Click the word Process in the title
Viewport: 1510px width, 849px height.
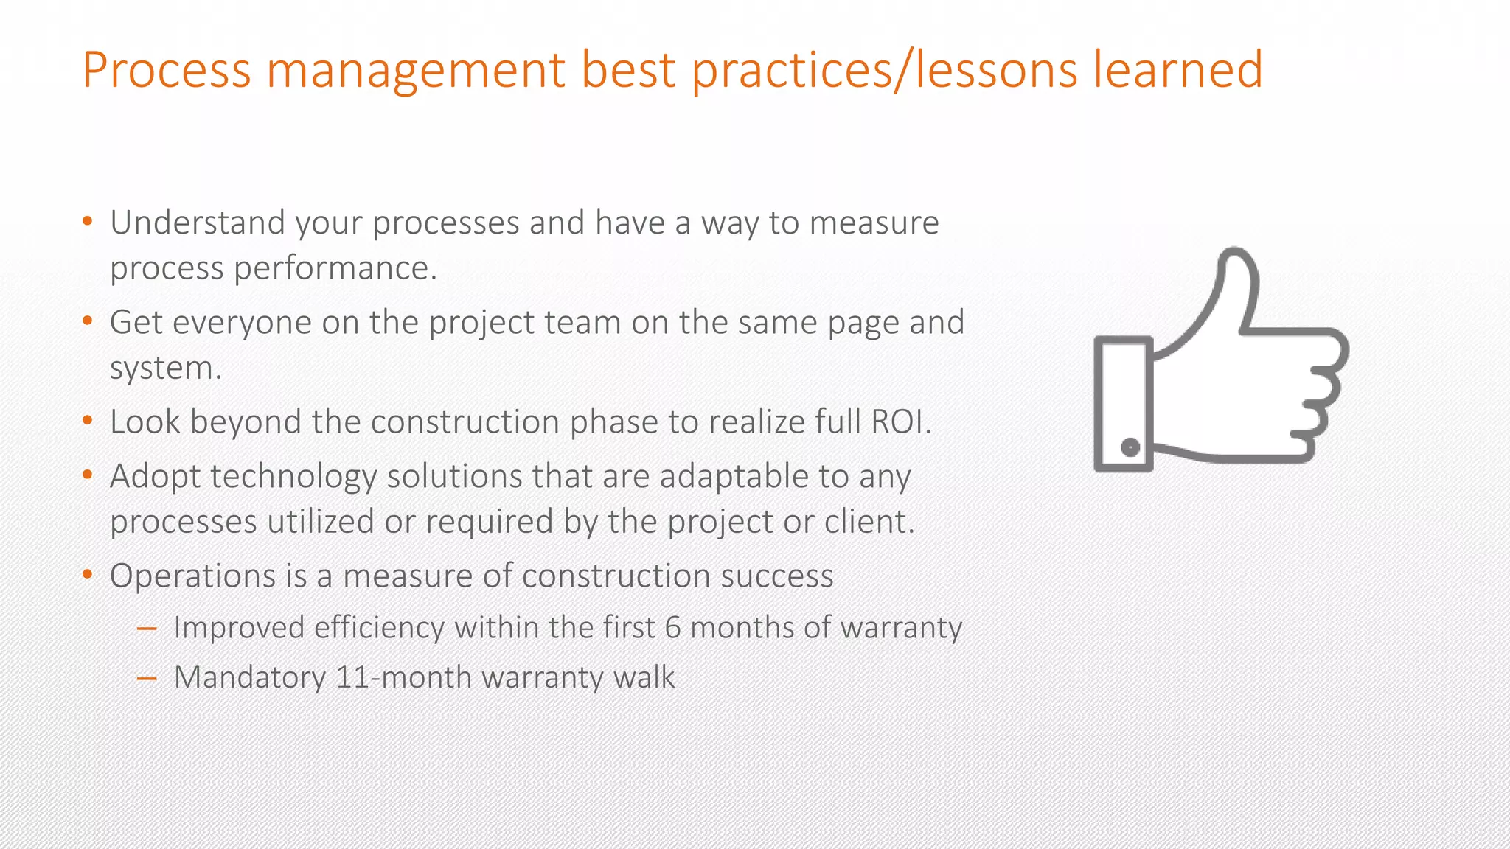(167, 71)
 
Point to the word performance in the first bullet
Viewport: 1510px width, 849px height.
(335, 268)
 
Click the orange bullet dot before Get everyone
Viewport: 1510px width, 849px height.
(88, 321)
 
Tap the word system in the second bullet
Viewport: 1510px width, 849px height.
(163, 368)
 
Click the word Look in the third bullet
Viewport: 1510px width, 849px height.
(145, 422)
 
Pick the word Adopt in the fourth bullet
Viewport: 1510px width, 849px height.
(155, 476)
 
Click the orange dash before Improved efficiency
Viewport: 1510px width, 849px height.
(147, 629)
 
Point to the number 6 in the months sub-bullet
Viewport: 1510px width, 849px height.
(672, 628)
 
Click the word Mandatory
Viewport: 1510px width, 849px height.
(249, 677)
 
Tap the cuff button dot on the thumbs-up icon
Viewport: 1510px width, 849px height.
(1130, 447)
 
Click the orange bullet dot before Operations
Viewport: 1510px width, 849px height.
(88, 575)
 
